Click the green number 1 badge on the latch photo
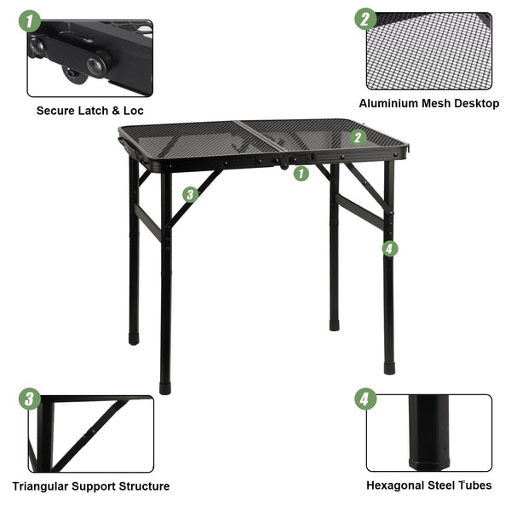pos(30,21)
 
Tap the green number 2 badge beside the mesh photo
pos(365,19)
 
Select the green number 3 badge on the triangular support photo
pos(30,399)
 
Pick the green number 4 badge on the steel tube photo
pos(365,399)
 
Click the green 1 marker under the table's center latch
pos(301,174)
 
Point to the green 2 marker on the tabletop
pos(359,137)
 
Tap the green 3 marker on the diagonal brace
pos(190,194)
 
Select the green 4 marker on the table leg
pos(390,249)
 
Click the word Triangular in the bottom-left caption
pos(40,486)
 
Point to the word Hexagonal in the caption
pos(393,485)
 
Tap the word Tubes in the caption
pos(475,485)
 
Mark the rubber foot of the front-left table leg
pos(165,388)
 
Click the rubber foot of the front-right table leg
pos(389,369)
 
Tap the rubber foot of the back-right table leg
pos(335,325)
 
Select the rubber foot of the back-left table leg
pos(134,339)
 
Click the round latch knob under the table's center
pos(284,167)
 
